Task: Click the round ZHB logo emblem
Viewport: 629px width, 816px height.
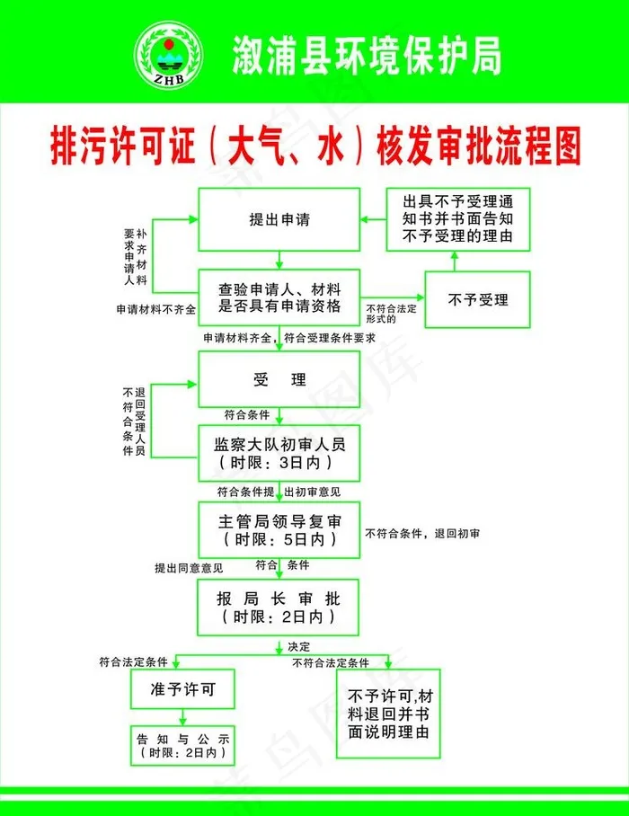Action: point(167,56)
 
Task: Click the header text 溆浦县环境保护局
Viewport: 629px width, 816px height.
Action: point(365,56)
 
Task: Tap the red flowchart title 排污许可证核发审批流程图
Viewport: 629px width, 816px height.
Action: point(314,146)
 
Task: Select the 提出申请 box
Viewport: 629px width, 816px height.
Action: point(279,220)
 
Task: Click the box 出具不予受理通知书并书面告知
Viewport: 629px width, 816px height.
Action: point(457,220)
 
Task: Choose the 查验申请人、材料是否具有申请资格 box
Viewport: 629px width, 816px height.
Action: point(279,298)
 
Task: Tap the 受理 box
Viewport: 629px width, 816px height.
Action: point(279,379)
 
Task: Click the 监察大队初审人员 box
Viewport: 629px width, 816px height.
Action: point(279,453)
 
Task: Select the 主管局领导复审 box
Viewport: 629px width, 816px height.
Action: point(279,528)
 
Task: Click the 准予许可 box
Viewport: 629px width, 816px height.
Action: point(183,690)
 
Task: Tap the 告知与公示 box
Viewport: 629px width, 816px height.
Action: point(183,745)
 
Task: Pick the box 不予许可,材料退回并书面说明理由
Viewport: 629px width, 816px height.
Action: point(388,714)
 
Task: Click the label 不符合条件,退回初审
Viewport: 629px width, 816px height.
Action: point(422,534)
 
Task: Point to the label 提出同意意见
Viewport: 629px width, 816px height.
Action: point(188,568)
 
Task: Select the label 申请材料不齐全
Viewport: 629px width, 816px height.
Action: point(155,309)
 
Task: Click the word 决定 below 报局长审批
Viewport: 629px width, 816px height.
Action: point(298,647)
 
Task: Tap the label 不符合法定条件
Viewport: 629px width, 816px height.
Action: point(330,663)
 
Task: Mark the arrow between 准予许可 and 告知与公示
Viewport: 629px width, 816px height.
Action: point(183,716)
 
